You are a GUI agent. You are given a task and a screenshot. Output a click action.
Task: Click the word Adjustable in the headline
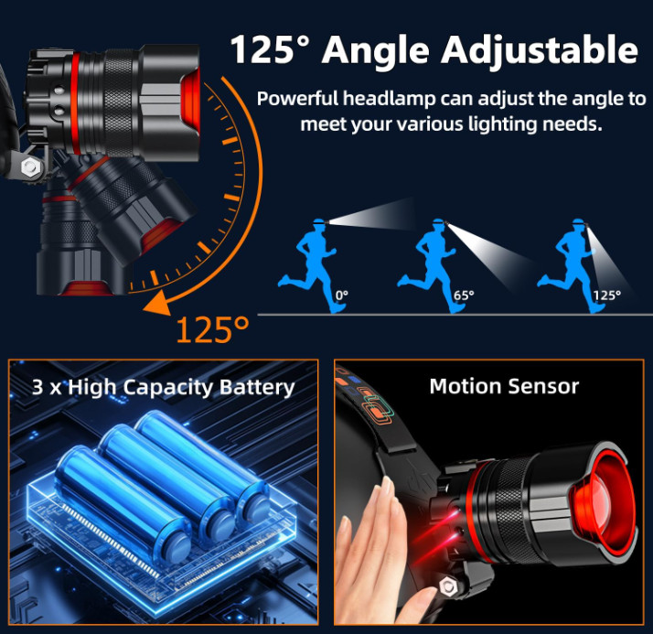pyautogui.click(x=539, y=49)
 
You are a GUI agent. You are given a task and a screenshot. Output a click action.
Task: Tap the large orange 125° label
pyautogui.click(x=213, y=328)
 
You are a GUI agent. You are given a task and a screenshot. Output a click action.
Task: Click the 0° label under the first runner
pyautogui.click(x=341, y=295)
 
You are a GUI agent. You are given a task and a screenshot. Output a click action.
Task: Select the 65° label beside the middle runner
pyautogui.click(x=464, y=296)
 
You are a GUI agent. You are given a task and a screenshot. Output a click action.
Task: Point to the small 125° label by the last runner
pyautogui.click(x=605, y=295)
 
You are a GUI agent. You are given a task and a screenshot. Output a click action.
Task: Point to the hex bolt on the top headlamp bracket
pyautogui.click(x=29, y=167)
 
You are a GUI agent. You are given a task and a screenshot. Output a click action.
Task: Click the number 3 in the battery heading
pyautogui.click(x=37, y=387)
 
